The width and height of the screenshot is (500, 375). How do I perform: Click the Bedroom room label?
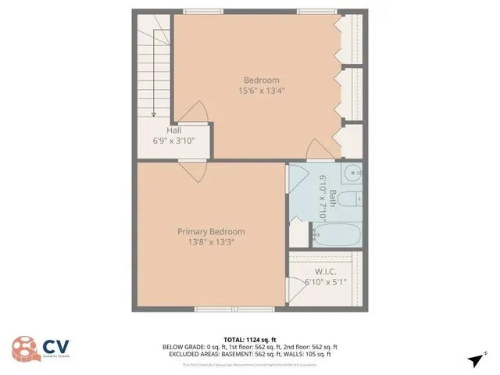click(261, 80)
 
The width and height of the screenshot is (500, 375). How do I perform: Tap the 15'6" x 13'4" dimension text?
click(261, 91)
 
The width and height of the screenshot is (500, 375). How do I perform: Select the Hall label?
click(174, 130)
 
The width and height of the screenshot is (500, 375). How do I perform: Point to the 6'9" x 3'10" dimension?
click(174, 141)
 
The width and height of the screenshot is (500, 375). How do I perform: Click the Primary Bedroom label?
click(211, 231)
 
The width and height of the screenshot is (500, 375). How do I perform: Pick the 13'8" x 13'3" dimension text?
click(211, 242)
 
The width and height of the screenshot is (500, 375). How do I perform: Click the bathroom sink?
click(352, 173)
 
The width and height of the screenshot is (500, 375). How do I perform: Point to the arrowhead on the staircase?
click(154, 113)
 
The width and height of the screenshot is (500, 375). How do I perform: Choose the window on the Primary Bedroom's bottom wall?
click(218, 309)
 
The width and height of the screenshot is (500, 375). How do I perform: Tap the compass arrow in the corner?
click(475, 359)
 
